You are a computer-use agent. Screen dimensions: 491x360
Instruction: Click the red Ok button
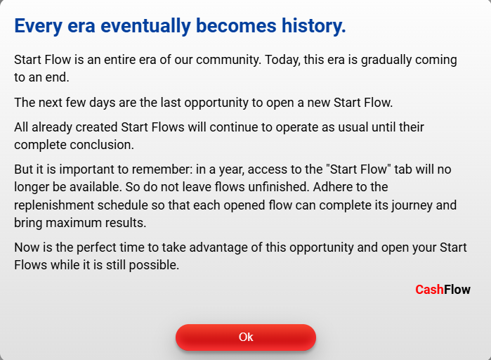pos(246,337)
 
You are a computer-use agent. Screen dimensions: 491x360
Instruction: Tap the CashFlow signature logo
pos(443,290)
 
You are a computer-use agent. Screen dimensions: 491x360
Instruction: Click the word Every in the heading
pos(38,26)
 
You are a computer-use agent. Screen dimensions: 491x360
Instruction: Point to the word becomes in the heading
pos(236,25)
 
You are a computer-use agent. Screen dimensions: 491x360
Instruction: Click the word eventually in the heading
pos(145,26)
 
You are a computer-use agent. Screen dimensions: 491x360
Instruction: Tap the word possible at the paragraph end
pos(154,265)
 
